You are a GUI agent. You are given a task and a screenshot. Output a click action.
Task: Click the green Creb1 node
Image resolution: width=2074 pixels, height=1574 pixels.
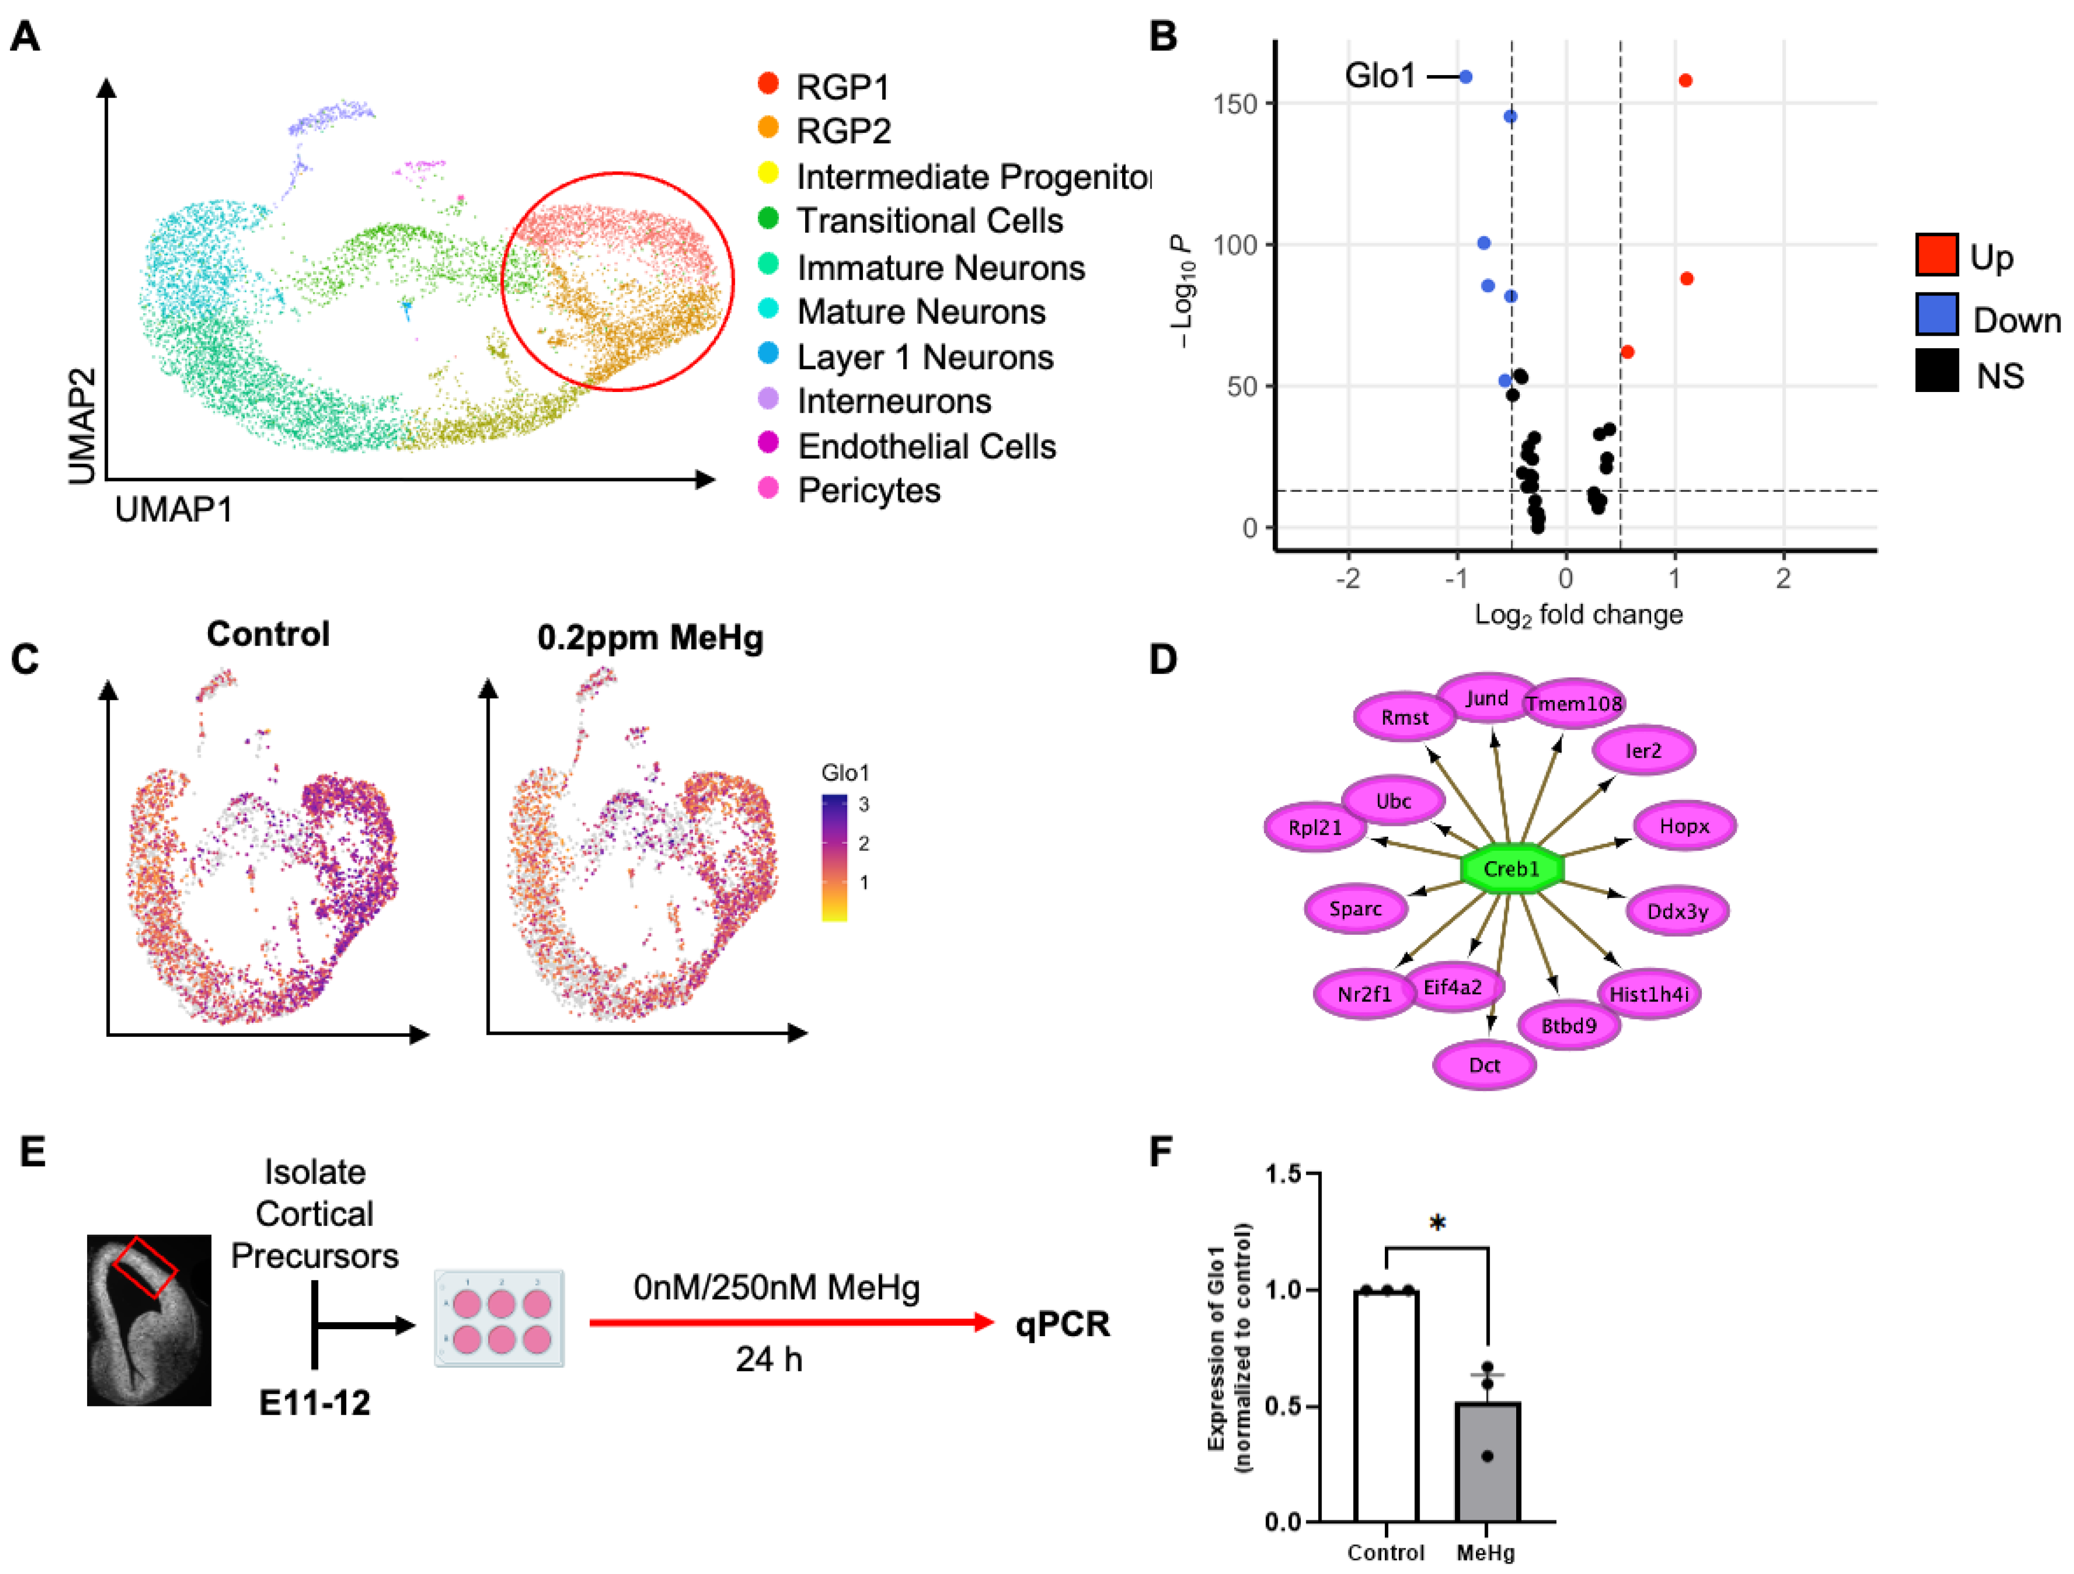[x=1511, y=869]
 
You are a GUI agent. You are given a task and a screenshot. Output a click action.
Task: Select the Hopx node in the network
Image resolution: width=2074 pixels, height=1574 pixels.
[x=1684, y=826]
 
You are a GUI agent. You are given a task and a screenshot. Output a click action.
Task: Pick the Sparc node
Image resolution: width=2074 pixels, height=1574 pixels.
[x=1355, y=908]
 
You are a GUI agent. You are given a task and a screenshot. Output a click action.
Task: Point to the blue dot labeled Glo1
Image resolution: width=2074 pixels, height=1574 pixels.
[x=1465, y=77]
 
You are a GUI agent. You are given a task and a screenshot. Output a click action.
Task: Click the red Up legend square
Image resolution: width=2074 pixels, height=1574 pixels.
[x=1936, y=255]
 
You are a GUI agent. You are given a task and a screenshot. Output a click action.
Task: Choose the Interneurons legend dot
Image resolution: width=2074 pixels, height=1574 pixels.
[x=768, y=399]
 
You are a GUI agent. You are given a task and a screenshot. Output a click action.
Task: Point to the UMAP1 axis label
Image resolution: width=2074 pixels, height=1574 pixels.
[x=174, y=510]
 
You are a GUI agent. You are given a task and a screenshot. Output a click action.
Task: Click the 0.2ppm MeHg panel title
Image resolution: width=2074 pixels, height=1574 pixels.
[x=650, y=638]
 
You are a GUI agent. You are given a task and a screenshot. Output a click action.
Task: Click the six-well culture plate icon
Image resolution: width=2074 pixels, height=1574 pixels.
[x=500, y=1319]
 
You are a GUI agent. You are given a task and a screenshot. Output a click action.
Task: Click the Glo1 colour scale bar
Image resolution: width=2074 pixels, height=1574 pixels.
[x=834, y=858]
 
